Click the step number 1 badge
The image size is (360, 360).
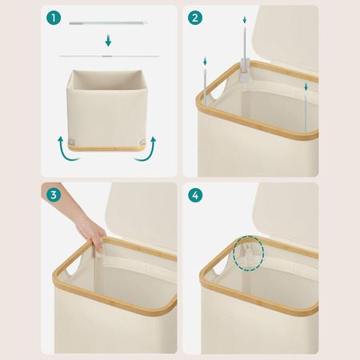coord(54,18)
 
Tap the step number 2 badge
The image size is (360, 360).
coord(195,18)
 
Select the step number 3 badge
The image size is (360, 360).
coord(54,195)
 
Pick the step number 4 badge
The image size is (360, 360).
coord(195,195)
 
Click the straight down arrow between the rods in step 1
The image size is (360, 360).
coord(108,40)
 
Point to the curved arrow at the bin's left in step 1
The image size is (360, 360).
coord(66,151)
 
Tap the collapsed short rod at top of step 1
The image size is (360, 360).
coord(108,23)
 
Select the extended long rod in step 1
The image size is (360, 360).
coord(110,56)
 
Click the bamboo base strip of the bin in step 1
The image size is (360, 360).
coord(107,148)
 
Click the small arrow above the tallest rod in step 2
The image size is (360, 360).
coord(245,20)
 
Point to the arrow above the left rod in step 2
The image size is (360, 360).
coord(205,62)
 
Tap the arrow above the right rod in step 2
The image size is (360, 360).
coord(306,86)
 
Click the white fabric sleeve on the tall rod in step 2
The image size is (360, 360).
coord(245,70)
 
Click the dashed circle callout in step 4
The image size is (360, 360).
coord(249,254)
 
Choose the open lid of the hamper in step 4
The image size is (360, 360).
coord(286,214)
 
